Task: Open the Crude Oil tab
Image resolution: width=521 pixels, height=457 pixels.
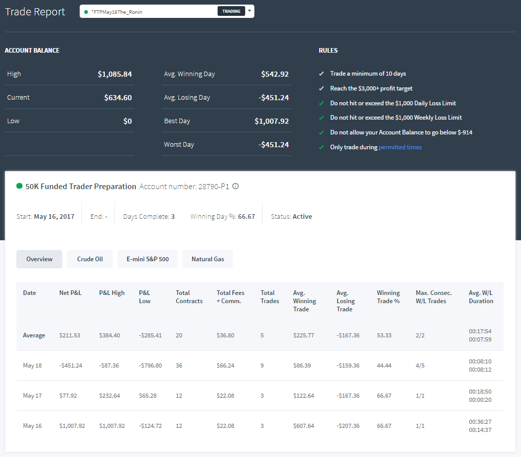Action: (x=90, y=259)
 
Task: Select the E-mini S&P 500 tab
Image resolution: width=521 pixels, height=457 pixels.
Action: (x=148, y=259)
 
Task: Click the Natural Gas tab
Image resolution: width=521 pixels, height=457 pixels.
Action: (x=208, y=259)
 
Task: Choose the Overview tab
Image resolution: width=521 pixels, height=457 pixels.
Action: (x=39, y=259)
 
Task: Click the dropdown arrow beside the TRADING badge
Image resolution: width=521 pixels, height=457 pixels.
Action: (x=250, y=11)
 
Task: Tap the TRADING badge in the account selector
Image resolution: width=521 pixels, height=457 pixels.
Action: (x=231, y=11)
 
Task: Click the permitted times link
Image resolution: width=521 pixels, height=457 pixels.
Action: (x=400, y=147)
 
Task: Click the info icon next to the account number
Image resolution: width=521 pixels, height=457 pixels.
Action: (x=235, y=186)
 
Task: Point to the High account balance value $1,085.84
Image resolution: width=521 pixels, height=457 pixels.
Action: (x=114, y=74)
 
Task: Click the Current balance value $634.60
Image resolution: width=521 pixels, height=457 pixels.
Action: (x=118, y=98)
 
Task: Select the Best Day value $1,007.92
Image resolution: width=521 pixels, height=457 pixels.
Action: (x=271, y=121)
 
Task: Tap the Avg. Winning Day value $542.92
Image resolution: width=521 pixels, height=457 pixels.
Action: (x=275, y=74)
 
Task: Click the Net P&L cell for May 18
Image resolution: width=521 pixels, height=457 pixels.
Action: (x=70, y=365)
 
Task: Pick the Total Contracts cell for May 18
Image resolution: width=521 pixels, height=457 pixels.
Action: (x=179, y=365)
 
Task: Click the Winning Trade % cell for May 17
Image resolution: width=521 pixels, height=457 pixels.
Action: (x=384, y=396)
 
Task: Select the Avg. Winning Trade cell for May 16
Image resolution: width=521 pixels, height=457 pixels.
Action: (x=303, y=426)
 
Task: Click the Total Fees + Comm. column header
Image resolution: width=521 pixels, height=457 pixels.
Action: (x=230, y=297)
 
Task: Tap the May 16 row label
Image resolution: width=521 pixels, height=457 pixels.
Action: (x=32, y=426)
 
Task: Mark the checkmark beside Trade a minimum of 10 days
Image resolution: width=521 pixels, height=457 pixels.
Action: (x=321, y=74)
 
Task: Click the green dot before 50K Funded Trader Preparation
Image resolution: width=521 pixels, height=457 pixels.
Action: (x=19, y=186)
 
